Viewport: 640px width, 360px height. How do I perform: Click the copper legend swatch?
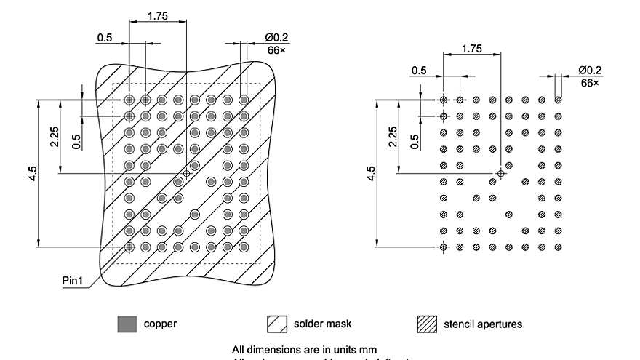pyautogui.click(x=127, y=324)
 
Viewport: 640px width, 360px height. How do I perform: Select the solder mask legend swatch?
pyautogui.click(x=277, y=324)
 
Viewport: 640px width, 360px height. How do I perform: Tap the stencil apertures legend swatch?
pyautogui.click(x=427, y=324)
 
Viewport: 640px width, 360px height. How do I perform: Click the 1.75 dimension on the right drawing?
pyautogui.click(x=471, y=49)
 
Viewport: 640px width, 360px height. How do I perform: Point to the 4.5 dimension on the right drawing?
pyautogui.click(x=372, y=174)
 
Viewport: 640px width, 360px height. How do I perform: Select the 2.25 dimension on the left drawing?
pyautogui.click(x=55, y=136)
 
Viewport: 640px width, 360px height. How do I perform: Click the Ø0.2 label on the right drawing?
pyautogui.click(x=591, y=70)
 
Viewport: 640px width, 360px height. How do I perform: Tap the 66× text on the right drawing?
pyautogui.click(x=590, y=83)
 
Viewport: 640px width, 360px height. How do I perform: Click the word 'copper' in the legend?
pyautogui.click(x=160, y=324)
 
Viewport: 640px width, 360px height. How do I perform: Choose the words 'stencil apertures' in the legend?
pyautogui.click(x=483, y=324)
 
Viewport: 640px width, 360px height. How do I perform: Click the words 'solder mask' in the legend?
pyautogui.click(x=323, y=324)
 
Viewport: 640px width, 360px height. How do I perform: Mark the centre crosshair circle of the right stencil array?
pyautogui.click(x=500, y=174)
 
